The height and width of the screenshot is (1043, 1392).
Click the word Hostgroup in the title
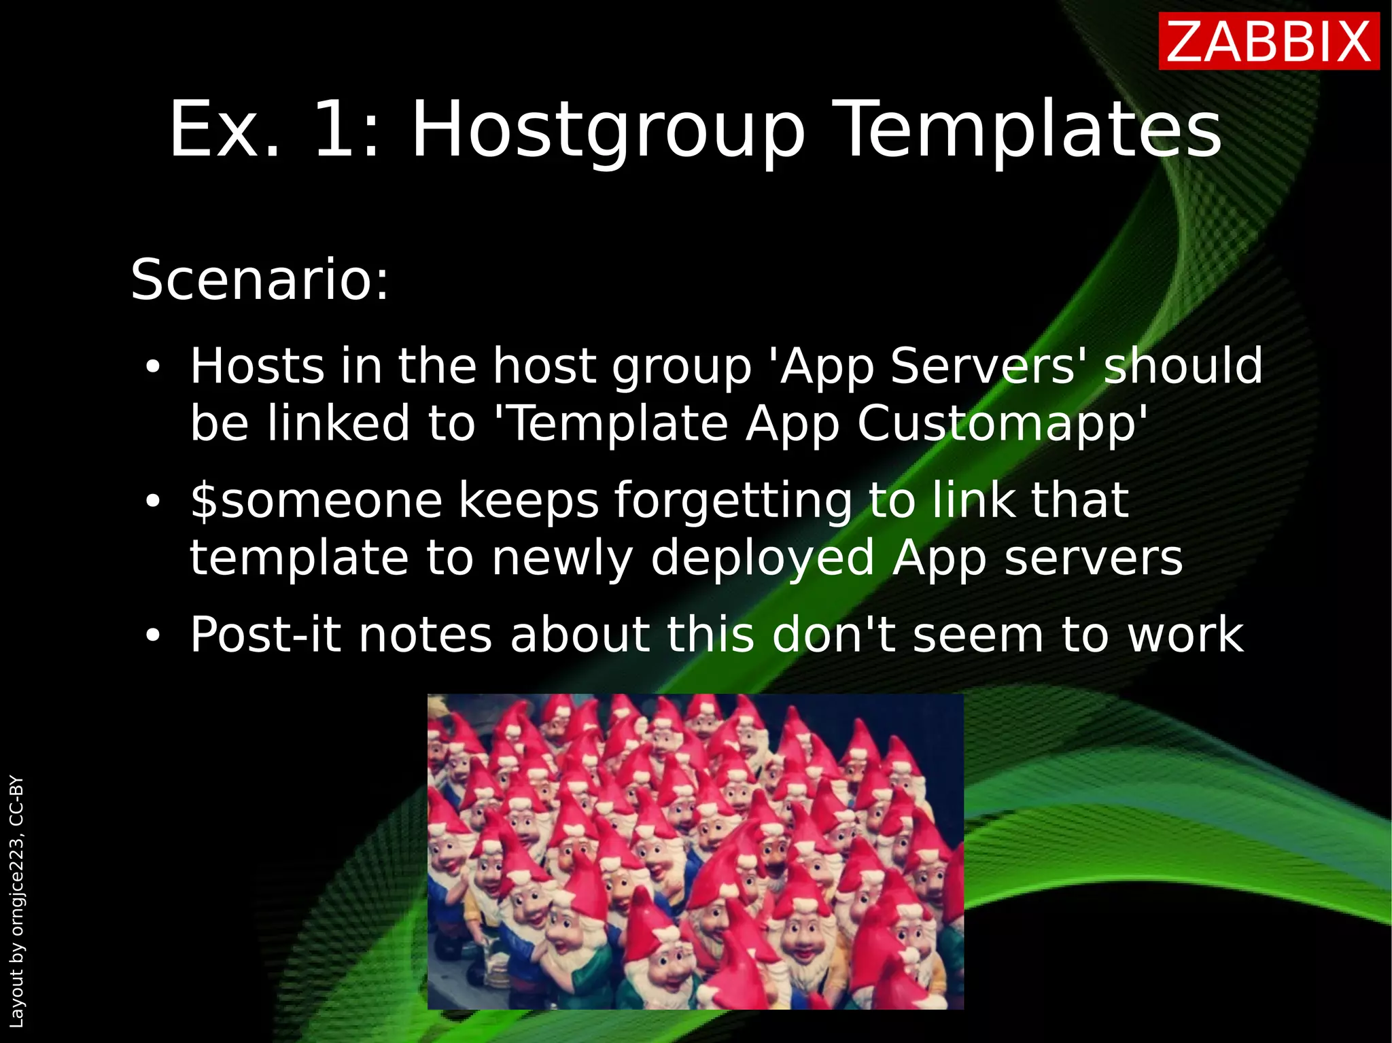[x=608, y=130]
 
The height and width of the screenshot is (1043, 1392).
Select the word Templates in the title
[x=1030, y=130]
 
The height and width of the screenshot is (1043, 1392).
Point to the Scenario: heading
[x=260, y=279]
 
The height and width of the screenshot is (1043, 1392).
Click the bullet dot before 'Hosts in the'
[x=153, y=368]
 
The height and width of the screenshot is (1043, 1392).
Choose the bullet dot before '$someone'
[x=153, y=501]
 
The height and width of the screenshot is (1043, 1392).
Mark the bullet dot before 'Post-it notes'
[x=153, y=635]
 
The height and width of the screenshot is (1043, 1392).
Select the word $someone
[x=316, y=501]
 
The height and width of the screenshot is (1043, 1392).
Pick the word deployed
[x=763, y=559]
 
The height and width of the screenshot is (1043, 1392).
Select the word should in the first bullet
[x=1183, y=367]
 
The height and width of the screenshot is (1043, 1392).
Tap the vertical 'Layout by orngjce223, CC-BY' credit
[x=16, y=901]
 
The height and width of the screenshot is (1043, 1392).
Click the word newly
[x=562, y=559]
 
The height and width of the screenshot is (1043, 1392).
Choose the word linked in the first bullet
[x=338, y=423]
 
